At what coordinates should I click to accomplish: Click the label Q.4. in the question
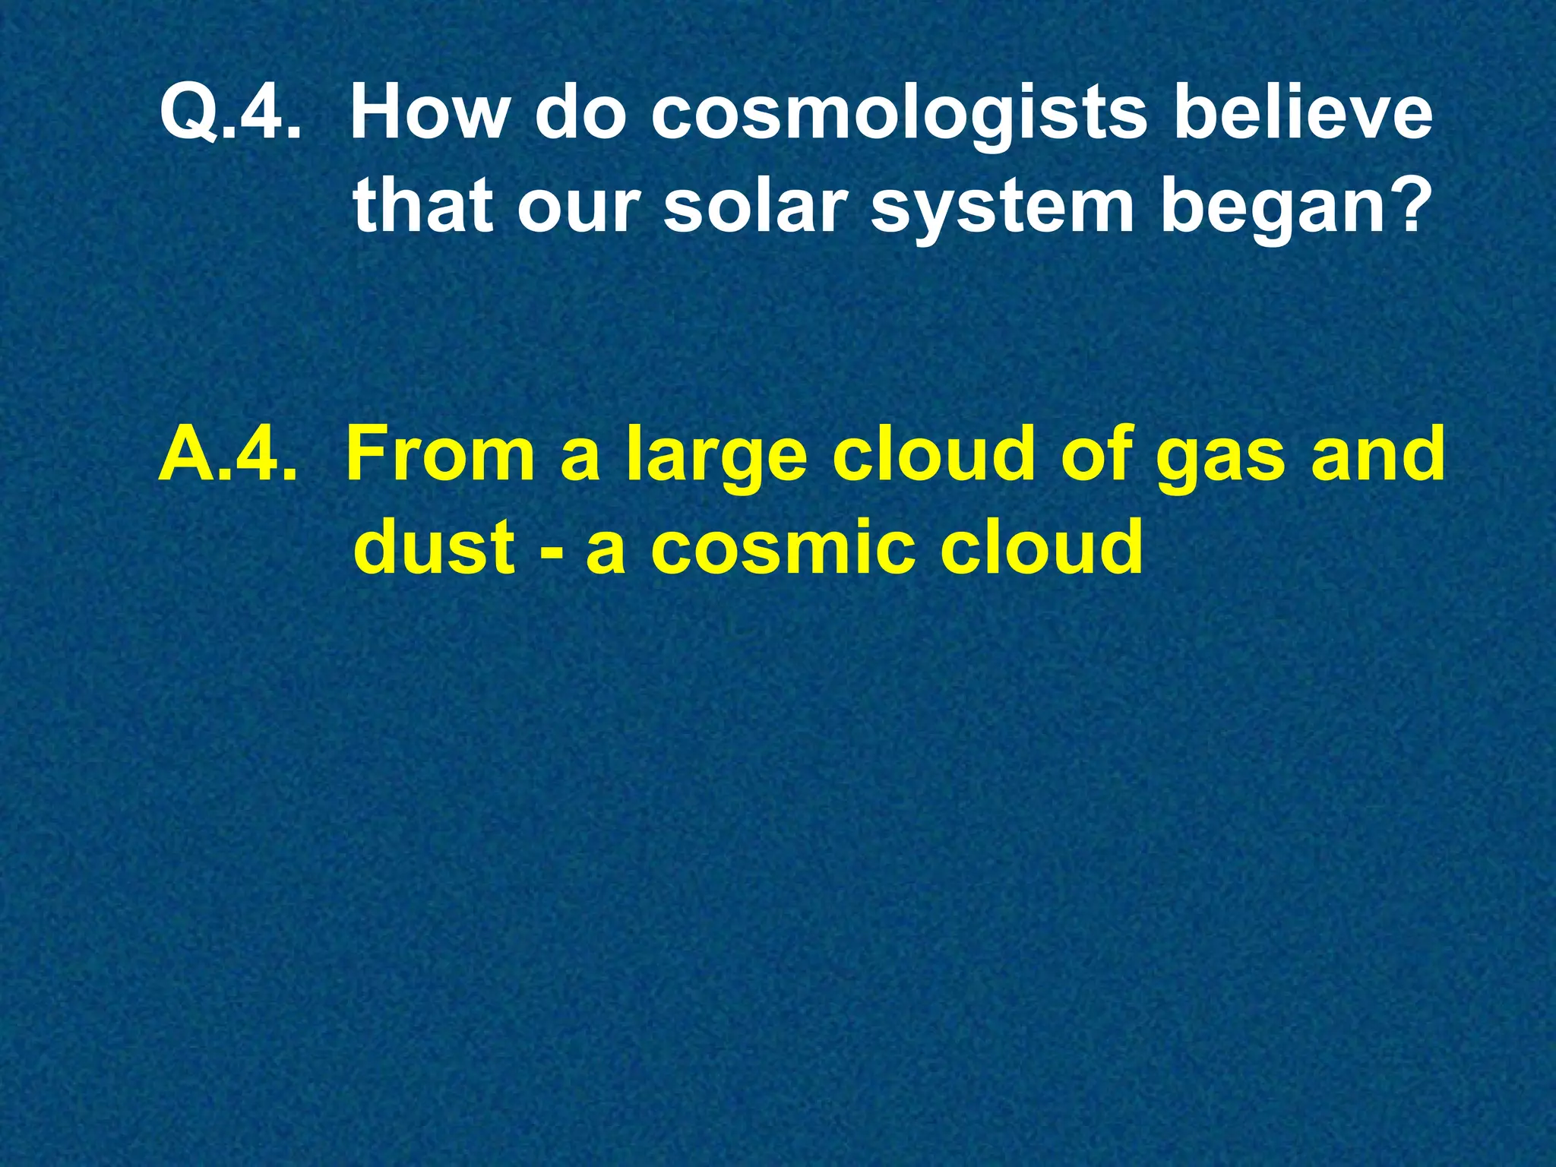pyautogui.click(x=226, y=114)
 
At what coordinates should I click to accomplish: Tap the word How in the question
pyautogui.click(x=429, y=114)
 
